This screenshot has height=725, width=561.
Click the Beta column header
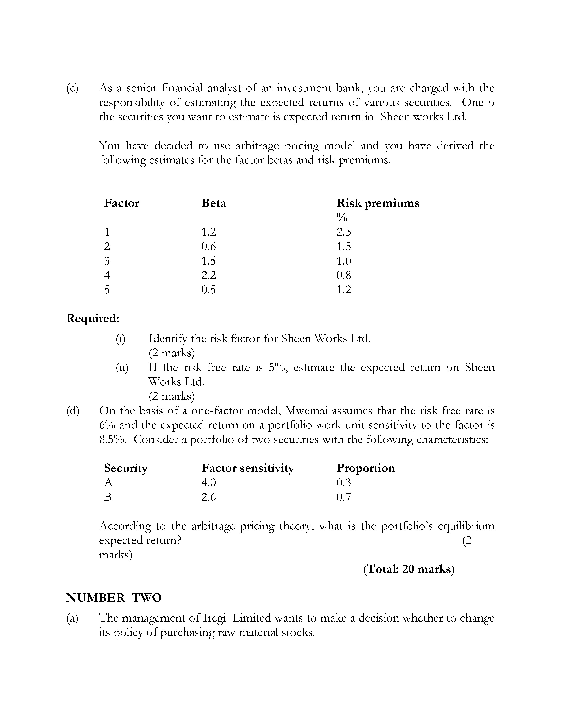tap(213, 203)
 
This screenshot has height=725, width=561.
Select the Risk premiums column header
tap(378, 203)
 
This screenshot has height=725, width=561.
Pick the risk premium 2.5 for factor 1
tap(343, 232)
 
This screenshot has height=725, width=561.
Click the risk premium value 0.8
tap(344, 275)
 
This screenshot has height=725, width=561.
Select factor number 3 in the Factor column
tap(107, 261)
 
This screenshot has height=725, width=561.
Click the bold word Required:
tap(93, 318)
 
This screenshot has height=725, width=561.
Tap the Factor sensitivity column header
tap(247, 468)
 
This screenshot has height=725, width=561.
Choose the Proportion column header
tap(366, 468)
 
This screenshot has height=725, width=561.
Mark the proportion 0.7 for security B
tap(344, 497)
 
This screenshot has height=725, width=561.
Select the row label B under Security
tap(108, 497)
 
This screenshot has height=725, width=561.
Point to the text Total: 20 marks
tap(409, 569)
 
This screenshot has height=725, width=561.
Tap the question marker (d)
tap(73, 411)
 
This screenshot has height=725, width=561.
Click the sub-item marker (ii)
tap(122, 368)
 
